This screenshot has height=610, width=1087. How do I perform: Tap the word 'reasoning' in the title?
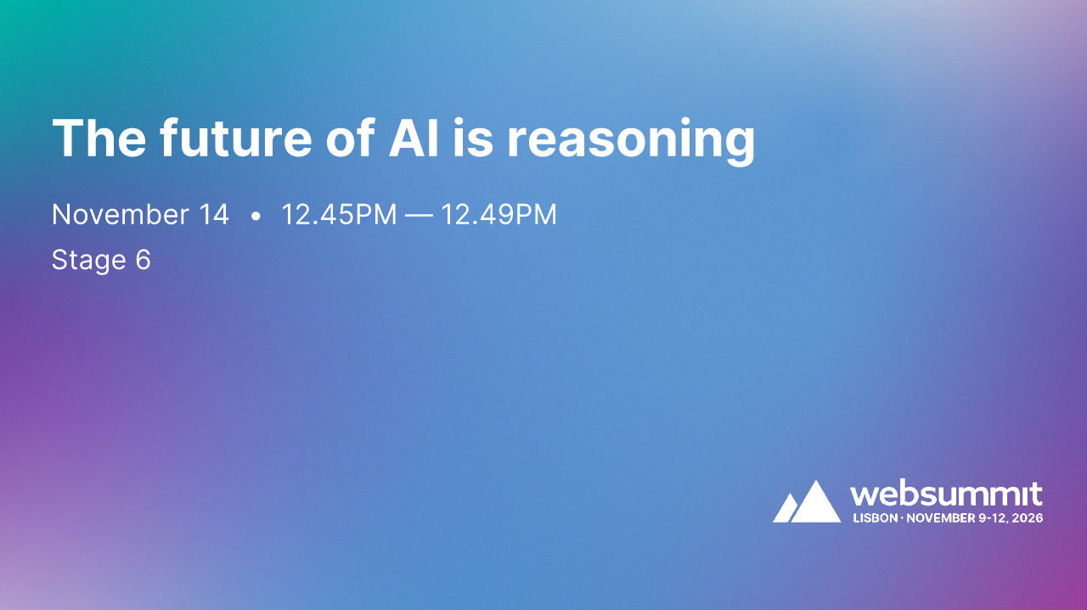pyautogui.click(x=631, y=140)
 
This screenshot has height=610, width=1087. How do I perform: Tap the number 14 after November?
pyautogui.click(x=214, y=215)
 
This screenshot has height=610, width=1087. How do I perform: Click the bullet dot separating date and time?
pyautogui.click(x=256, y=217)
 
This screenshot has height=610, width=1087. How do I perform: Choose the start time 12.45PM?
pyautogui.click(x=339, y=215)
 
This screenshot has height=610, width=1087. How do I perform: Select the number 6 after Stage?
pyautogui.click(x=143, y=260)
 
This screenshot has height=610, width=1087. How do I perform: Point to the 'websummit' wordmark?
pyautogui.click(x=946, y=494)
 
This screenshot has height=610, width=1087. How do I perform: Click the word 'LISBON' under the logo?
pyautogui.click(x=875, y=517)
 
